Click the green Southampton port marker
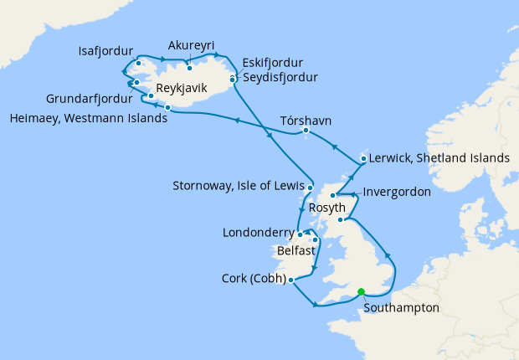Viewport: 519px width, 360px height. tap(361, 292)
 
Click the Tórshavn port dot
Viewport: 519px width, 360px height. tap(306, 131)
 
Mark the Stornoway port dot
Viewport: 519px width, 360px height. tap(310, 188)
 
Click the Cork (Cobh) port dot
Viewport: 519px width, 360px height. tap(290, 281)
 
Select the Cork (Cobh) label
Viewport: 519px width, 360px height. tap(254, 279)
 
